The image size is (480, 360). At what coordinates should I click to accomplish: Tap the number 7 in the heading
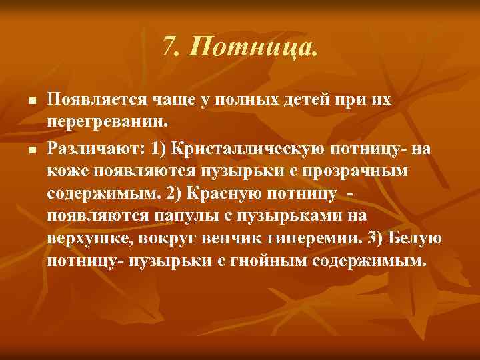coord(168,47)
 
